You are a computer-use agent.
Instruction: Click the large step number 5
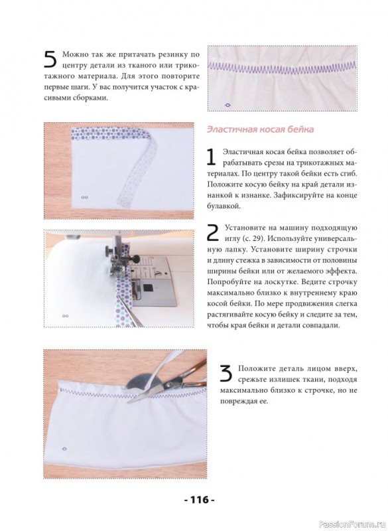pos(50,60)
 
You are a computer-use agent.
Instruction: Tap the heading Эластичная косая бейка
pos(260,129)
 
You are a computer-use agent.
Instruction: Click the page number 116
pos(200,500)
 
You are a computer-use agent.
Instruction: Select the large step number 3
pos(226,374)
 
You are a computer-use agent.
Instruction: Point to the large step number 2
pos(213,233)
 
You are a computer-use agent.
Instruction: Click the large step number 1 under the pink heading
pos(212,157)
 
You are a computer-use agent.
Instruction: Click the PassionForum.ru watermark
pos(352,524)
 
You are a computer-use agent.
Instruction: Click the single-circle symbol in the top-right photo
pos(227,106)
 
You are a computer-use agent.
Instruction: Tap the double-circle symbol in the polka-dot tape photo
pos(85,197)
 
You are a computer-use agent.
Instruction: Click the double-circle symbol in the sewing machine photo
pos(66,316)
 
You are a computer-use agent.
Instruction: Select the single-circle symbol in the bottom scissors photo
pos(64,449)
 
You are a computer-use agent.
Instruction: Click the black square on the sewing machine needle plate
pos(147,288)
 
